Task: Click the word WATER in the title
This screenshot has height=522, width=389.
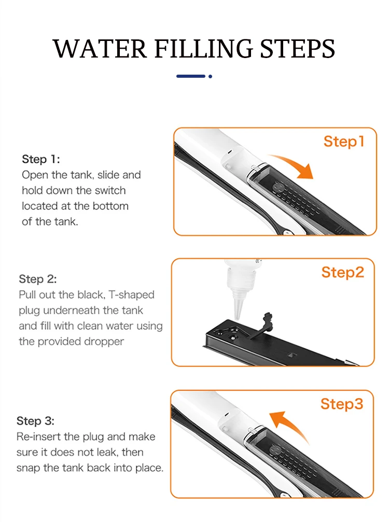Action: tap(100, 49)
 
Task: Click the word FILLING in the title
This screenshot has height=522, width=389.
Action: tap(204, 49)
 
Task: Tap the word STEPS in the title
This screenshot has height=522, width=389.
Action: tap(297, 49)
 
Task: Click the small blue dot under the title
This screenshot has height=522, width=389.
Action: tap(210, 76)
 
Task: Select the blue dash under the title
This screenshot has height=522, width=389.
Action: tap(191, 76)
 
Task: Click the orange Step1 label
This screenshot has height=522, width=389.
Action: tap(344, 142)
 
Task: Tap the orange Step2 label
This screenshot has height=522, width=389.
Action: tap(343, 273)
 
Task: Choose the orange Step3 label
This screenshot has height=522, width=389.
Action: tap(342, 404)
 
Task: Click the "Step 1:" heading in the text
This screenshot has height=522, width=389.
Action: tap(41, 159)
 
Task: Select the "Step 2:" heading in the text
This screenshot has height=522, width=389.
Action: tap(38, 279)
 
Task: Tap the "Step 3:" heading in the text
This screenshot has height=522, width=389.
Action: tap(35, 421)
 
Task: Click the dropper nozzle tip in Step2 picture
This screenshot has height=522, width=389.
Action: tap(237, 317)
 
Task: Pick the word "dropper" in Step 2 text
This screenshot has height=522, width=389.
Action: tap(104, 342)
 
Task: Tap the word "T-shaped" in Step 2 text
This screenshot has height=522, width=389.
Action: tap(132, 295)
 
